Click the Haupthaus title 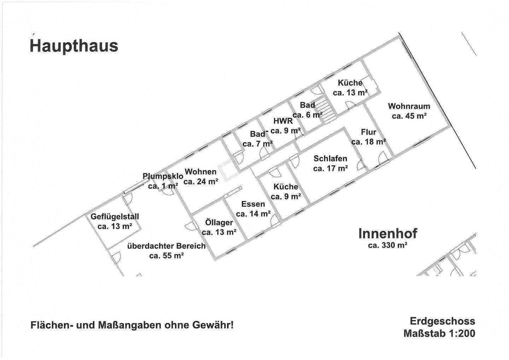[74, 46]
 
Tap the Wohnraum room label [409, 106]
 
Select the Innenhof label [388, 233]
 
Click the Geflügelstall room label [115, 216]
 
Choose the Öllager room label [219, 222]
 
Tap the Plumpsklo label [163, 176]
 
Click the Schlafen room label [330, 159]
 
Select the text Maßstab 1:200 [439, 333]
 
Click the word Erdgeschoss [442, 321]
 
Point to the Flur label [368, 132]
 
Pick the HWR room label [283, 121]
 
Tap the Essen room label [253, 204]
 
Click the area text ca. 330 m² [388, 245]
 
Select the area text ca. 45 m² [409, 116]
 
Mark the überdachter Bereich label [166, 246]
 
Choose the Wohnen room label [200, 172]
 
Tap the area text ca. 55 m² [166, 256]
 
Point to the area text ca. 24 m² [200, 182]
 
